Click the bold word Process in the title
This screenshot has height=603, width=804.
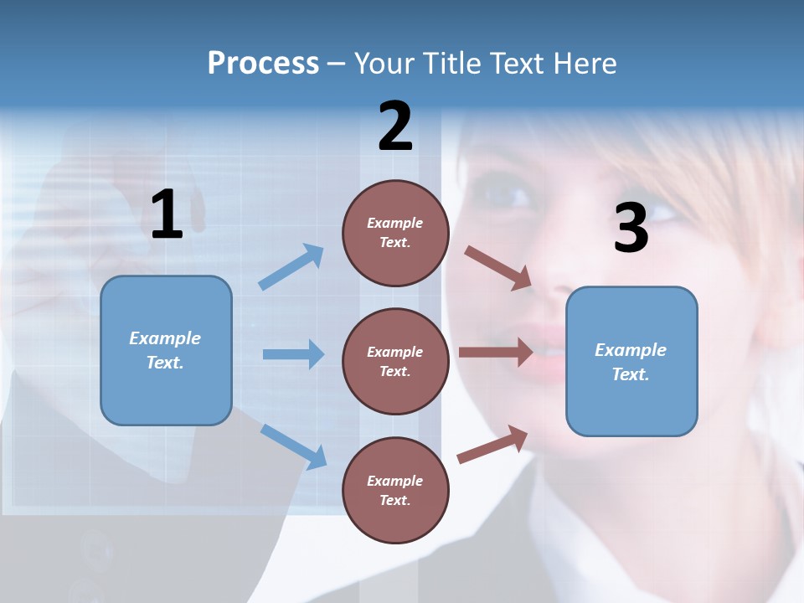pyautogui.click(x=263, y=64)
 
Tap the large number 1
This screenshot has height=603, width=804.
pyautogui.click(x=167, y=215)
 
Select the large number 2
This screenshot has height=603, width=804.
pyautogui.click(x=395, y=126)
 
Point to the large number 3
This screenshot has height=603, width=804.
pyautogui.click(x=631, y=229)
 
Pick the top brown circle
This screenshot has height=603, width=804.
pyautogui.click(x=395, y=233)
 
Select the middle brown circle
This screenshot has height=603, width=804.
pyautogui.click(x=395, y=361)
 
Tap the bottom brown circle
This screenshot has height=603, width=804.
pyautogui.click(x=395, y=490)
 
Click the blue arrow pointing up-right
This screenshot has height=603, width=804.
pyautogui.click(x=291, y=267)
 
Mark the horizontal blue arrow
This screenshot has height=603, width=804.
pyautogui.click(x=293, y=354)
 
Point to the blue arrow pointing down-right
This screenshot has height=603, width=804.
pyautogui.click(x=293, y=446)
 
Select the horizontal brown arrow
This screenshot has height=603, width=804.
pyautogui.click(x=496, y=353)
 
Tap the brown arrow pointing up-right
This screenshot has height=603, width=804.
pyautogui.click(x=492, y=445)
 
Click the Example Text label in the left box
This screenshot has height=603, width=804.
pyautogui.click(x=165, y=350)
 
